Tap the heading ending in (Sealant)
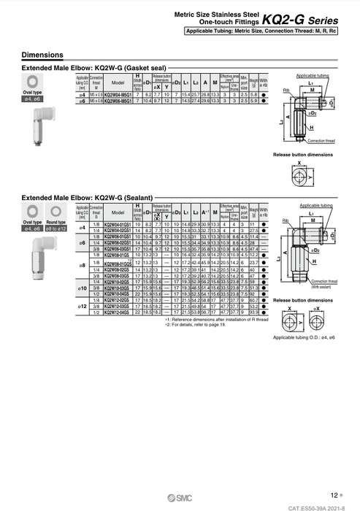[87, 197]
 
